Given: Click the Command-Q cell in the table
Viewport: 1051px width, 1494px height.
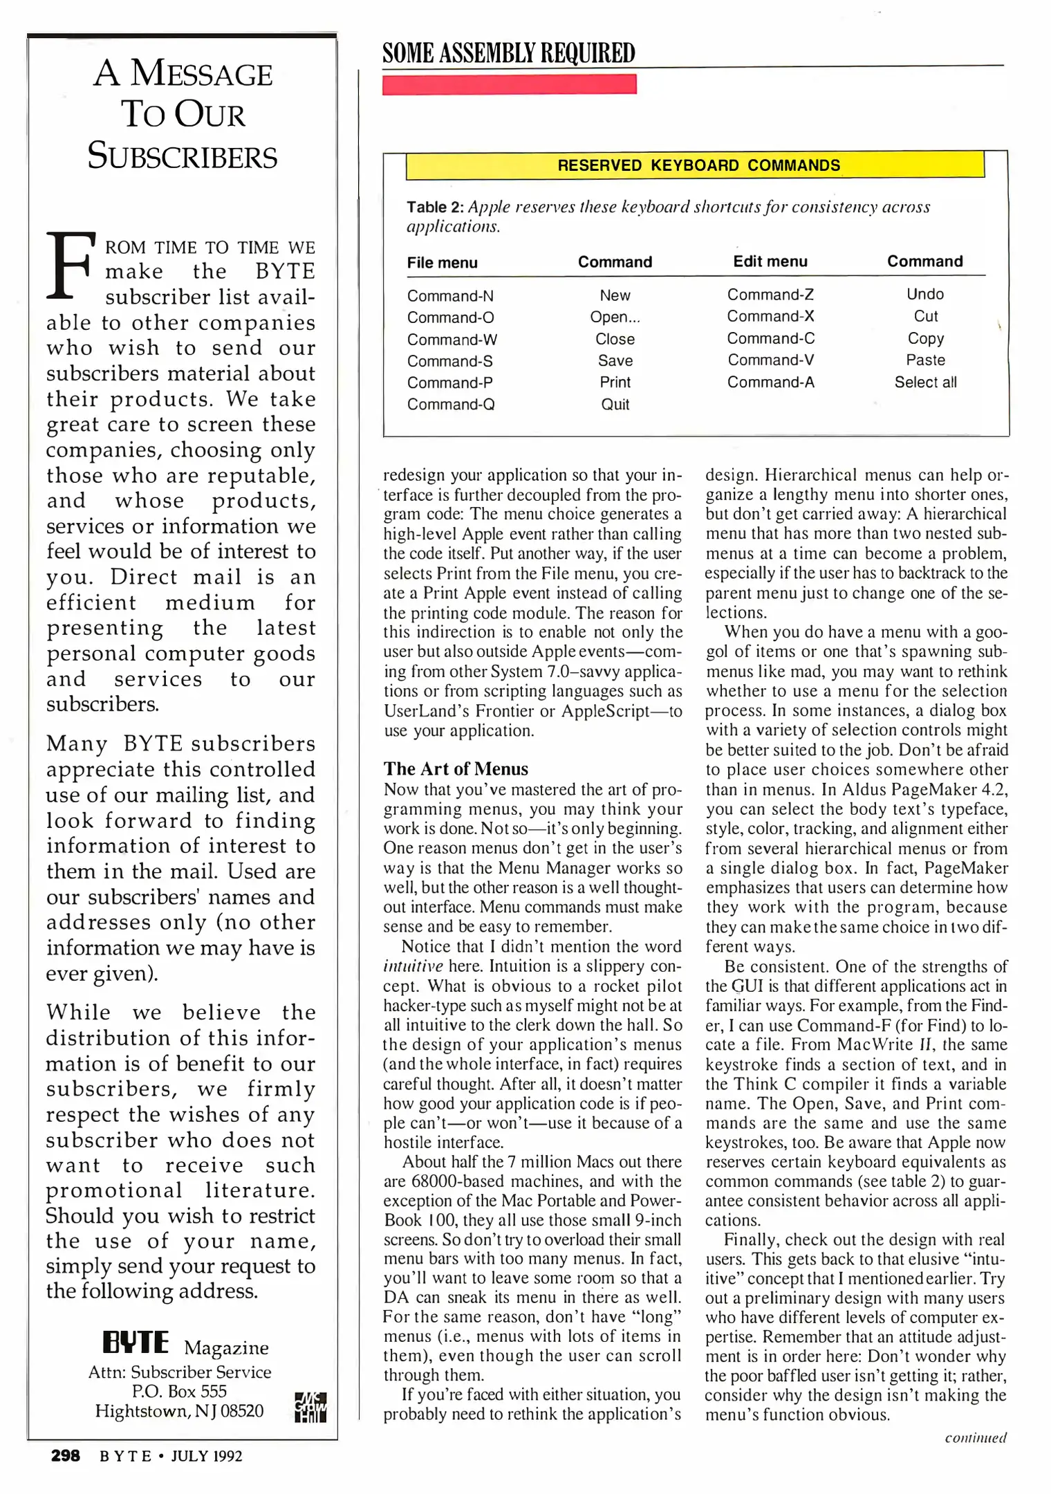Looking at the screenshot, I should (x=450, y=405).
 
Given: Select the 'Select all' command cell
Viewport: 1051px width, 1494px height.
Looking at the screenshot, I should (x=925, y=382).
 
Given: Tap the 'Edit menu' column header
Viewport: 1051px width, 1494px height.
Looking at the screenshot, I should (x=770, y=261).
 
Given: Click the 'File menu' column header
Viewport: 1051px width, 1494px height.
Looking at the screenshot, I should (x=442, y=263).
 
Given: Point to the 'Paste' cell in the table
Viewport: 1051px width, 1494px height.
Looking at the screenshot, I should (x=925, y=360).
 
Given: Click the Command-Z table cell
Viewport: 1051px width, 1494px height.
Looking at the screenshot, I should (x=770, y=295).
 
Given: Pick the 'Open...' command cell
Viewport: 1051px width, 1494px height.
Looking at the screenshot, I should (x=615, y=317).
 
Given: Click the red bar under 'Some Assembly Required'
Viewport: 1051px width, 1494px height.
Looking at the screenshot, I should (x=509, y=84).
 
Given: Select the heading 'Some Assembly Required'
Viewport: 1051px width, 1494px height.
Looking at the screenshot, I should (x=508, y=53).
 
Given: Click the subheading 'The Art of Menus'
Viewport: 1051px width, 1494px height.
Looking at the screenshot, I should (x=456, y=769).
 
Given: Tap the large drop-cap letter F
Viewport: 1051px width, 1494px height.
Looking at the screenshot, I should (x=69, y=265).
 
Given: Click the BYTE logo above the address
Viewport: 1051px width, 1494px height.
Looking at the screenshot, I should (x=136, y=1343).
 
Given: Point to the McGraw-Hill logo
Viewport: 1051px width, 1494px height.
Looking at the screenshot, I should (x=310, y=1407).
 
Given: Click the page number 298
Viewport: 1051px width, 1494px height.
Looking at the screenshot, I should (x=66, y=1456).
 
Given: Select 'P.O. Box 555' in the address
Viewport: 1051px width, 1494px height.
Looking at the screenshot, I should (x=179, y=1391).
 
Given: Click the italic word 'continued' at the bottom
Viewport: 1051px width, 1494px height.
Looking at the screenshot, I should (x=975, y=1438).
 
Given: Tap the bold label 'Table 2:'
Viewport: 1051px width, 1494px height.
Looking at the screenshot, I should (x=435, y=207).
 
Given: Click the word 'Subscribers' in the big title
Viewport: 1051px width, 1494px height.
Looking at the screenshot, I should (x=183, y=156).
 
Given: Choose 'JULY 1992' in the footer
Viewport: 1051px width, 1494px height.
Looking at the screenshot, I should (x=206, y=1457).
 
